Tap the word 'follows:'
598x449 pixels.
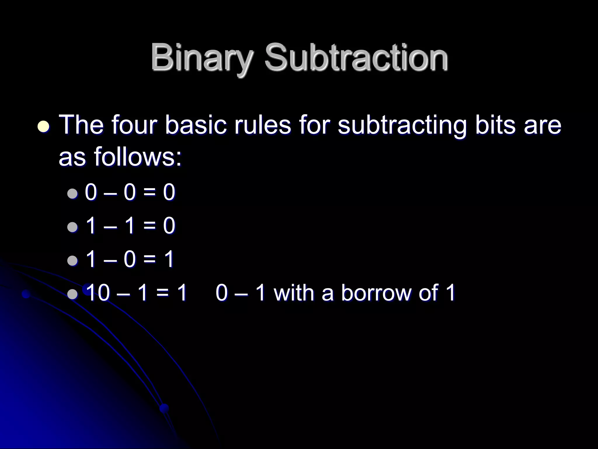(138, 157)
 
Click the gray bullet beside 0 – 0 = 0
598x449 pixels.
(72, 193)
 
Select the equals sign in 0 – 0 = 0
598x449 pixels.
(150, 193)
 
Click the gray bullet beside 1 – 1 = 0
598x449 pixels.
(72, 227)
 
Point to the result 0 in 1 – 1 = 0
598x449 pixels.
(169, 226)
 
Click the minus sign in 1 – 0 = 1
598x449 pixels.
(109, 260)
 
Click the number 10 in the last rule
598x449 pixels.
(98, 293)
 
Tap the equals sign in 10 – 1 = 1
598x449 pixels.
(162, 293)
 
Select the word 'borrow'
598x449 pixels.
(376, 293)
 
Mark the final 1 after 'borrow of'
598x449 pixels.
(450, 293)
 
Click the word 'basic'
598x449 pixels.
(195, 125)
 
